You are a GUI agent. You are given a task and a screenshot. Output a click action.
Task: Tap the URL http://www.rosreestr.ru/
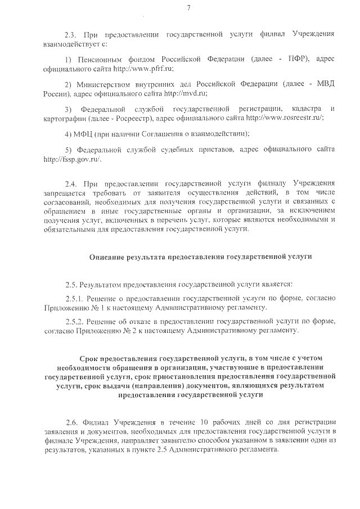click(285, 119)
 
